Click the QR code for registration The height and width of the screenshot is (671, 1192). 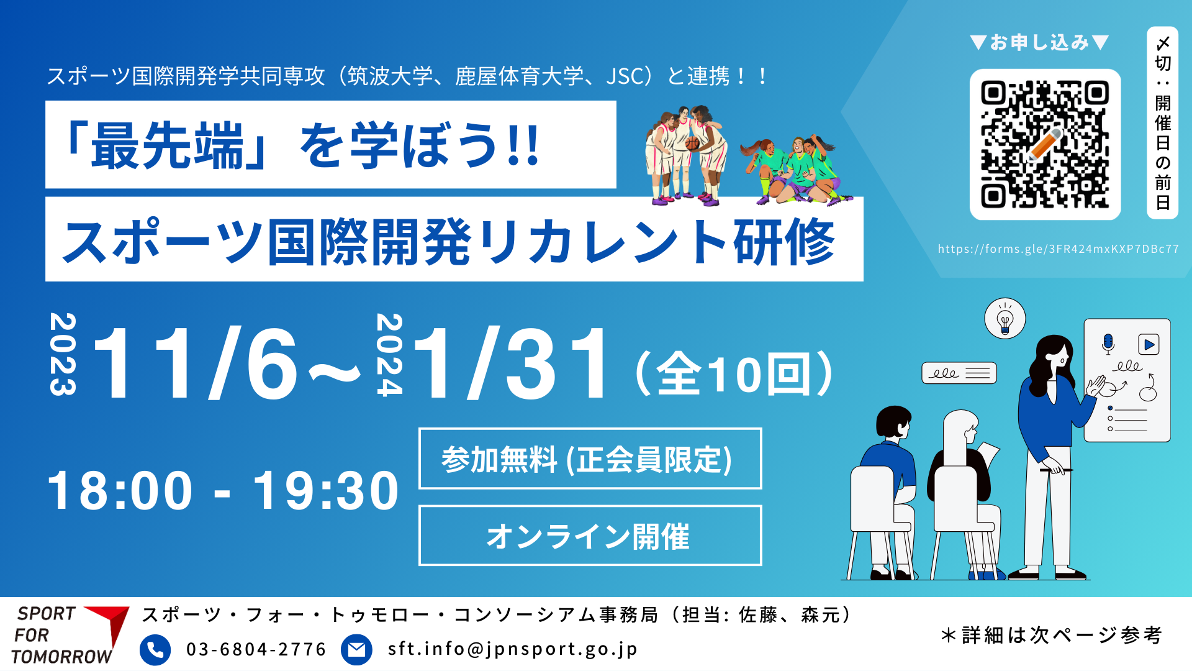(1045, 144)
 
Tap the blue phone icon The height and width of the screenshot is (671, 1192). (155, 649)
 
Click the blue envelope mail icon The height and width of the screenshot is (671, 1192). (356, 649)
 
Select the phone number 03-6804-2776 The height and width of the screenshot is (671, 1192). (256, 649)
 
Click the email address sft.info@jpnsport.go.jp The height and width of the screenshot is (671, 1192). (512, 649)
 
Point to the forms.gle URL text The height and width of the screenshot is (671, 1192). (1059, 249)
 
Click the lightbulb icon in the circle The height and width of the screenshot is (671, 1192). (1005, 319)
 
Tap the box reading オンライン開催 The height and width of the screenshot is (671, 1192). (590, 536)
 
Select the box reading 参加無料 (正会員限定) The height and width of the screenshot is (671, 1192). (590, 459)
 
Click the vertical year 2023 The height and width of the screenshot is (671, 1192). (63, 354)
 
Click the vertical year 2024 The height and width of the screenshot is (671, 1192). (390, 355)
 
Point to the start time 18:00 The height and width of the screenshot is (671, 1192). (120, 490)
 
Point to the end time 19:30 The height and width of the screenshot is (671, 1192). (325, 490)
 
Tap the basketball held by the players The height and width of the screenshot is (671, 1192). (692, 144)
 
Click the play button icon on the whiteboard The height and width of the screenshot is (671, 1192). (1149, 344)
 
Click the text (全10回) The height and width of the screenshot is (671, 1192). (734, 374)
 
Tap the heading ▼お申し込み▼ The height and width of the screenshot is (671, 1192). (1039, 42)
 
